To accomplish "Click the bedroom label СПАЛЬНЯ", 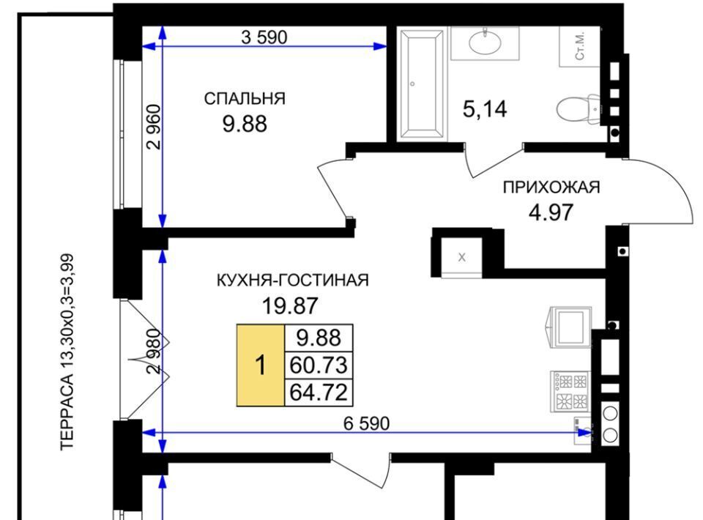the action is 245,99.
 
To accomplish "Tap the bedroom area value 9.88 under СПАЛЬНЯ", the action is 245,124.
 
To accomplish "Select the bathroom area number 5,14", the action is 485,109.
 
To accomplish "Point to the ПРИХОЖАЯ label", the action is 551,187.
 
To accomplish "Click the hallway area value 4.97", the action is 551,212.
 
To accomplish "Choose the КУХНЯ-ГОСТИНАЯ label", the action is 292,281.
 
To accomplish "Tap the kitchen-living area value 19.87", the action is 290,305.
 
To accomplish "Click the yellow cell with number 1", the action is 261,365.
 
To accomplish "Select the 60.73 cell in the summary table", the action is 319,365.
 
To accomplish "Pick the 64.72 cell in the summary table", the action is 319,393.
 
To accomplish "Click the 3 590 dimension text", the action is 264,37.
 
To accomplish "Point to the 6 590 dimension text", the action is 366,423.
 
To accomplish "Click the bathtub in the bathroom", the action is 422,83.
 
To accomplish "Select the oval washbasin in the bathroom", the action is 485,43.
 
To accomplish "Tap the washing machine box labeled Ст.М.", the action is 579,47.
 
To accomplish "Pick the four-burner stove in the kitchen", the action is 570,391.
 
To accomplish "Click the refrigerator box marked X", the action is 462,257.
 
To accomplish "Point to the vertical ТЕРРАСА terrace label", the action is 67,352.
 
